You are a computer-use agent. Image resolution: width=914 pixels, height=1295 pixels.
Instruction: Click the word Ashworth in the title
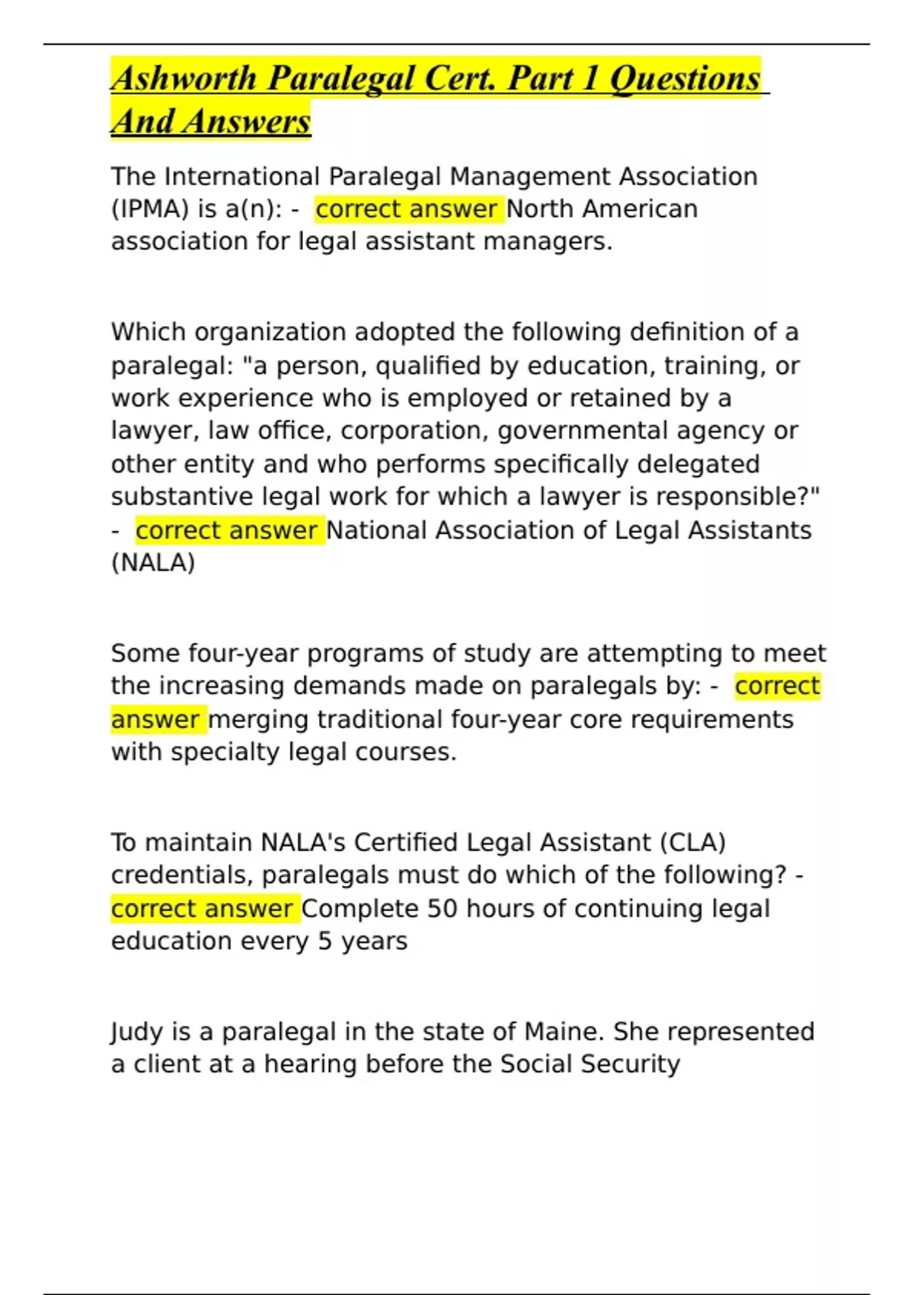184,78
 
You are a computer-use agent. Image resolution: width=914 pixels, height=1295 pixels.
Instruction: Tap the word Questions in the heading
685,78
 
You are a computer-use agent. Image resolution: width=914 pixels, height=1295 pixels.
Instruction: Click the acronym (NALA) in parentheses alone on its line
153,563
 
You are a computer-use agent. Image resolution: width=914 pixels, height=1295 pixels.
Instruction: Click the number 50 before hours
442,909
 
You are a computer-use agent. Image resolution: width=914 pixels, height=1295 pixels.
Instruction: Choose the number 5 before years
324,942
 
